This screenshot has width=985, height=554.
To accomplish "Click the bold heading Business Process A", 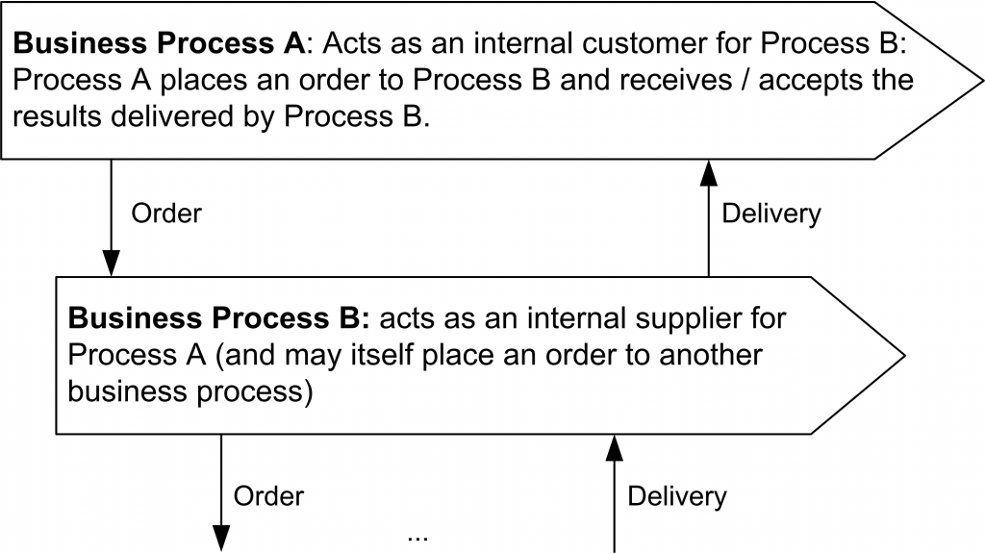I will coord(159,44).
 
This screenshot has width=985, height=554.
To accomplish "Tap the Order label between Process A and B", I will coord(166,213).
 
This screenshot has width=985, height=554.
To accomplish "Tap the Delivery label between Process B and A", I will coord(771,213).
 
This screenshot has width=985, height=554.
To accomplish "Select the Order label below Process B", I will coord(268,496).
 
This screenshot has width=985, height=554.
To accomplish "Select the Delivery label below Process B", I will coord(677,496).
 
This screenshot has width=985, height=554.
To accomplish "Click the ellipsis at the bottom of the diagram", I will coord(417,534).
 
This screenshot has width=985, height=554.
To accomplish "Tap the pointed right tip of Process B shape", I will coord(902,355).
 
